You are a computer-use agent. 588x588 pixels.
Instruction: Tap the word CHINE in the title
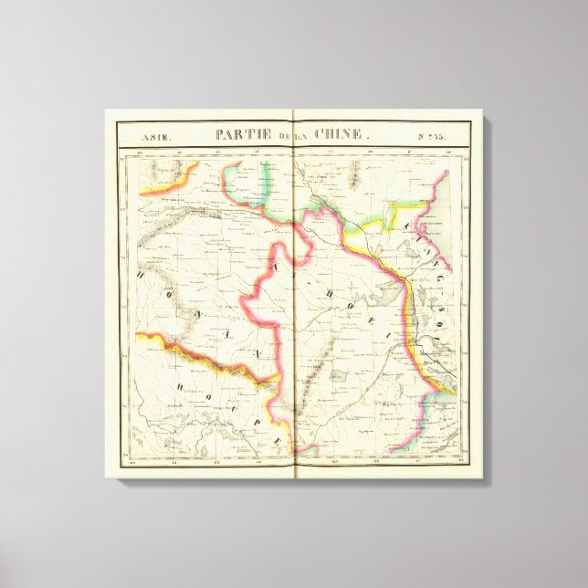click(342, 134)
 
